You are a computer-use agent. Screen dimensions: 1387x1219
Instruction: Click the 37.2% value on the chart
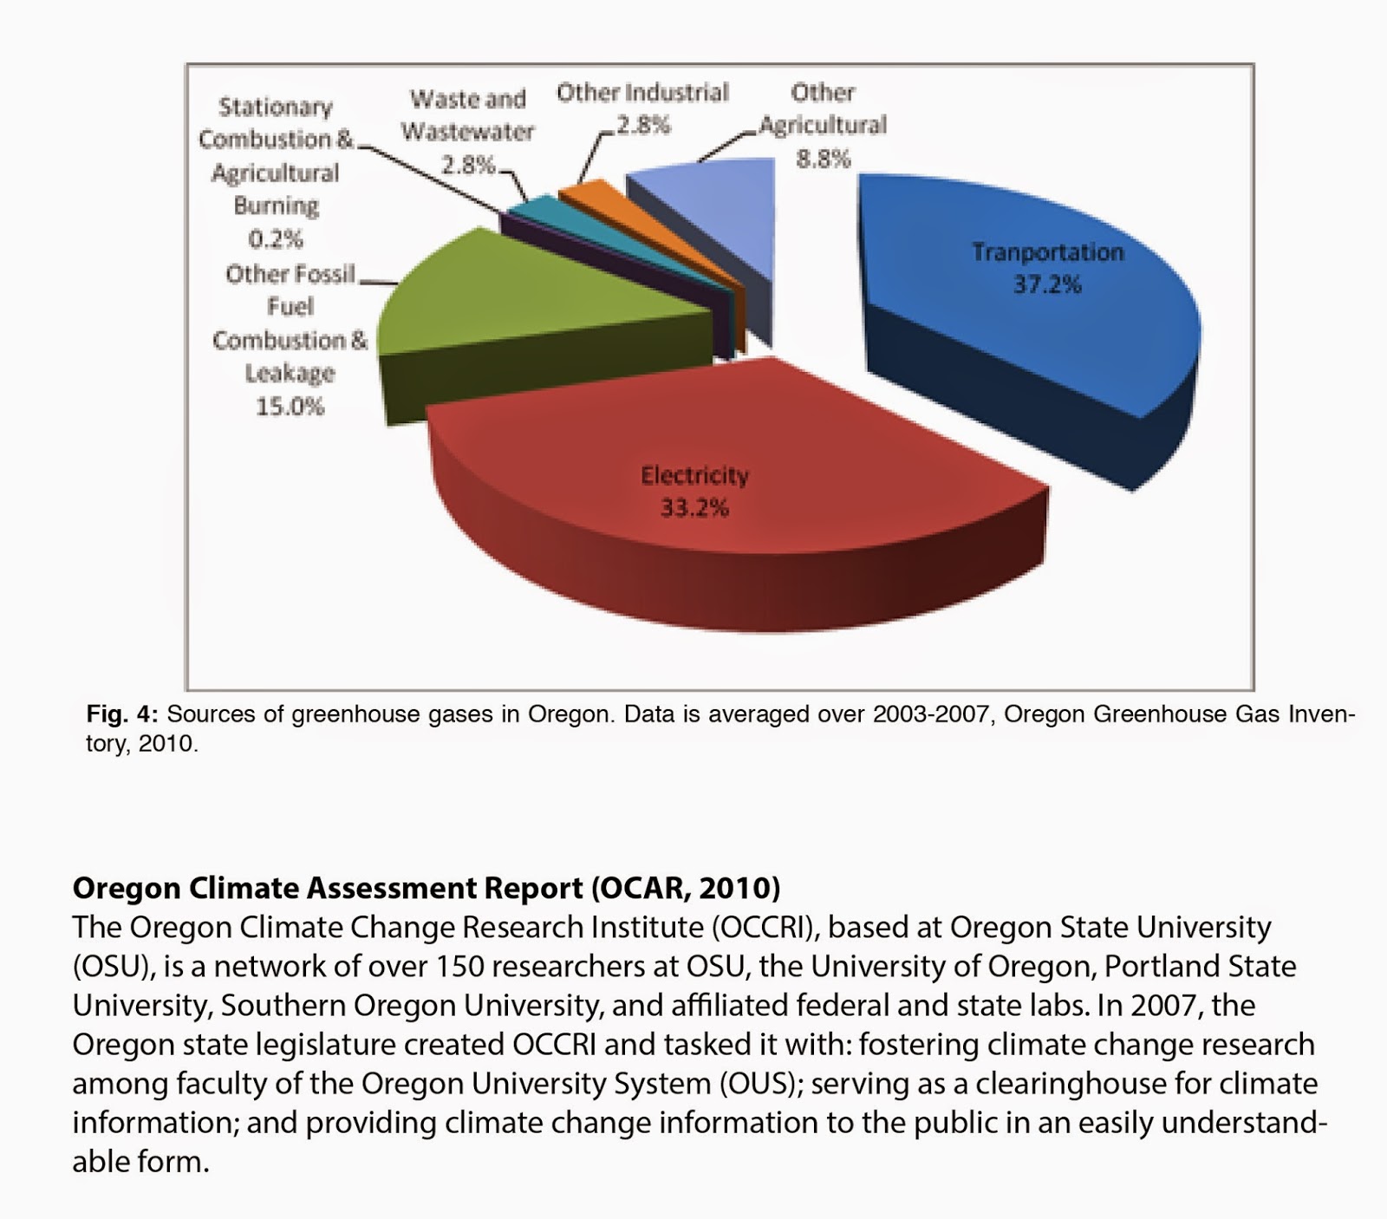tap(1047, 284)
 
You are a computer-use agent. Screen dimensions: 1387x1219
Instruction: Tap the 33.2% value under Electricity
tap(694, 507)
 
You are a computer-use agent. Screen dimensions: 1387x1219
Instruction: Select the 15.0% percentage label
tap(290, 406)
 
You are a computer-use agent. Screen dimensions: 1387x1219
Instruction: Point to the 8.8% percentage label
tap(824, 159)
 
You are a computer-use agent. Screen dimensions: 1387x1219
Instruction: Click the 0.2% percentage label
tap(276, 238)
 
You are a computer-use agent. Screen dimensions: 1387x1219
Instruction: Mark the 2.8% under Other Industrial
tap(642, 125)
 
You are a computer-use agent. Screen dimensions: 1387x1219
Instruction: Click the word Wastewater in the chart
tap(467, 132)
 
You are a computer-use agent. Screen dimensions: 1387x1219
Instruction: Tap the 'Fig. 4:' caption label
tap(121, 714)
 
